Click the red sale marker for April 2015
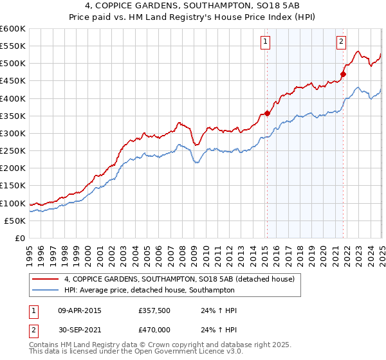pos(267,114)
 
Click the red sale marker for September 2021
pos(343,74)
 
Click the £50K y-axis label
pos(15,221)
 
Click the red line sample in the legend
pos(46,279)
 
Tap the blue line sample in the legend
pos(46,290)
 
